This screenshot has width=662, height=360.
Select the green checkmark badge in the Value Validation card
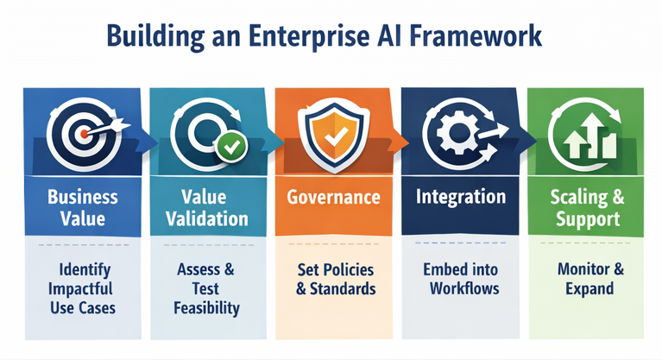coord(230,148)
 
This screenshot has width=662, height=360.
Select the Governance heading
coord(333,198)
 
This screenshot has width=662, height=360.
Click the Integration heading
coord(461,198)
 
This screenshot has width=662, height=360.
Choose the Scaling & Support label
coord(585,208)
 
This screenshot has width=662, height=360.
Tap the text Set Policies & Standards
coord(333,278)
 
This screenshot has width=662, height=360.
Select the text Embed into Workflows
coord(461,278)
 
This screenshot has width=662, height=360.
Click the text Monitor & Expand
coord(585,278)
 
